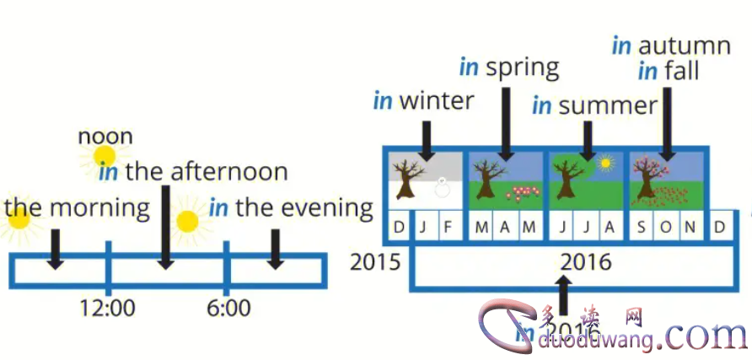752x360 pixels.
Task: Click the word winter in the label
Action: coord(436,101)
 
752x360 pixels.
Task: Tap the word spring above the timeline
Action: coord(522,67)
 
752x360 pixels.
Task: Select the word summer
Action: coord(607,105)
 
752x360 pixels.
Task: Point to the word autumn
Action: coord(684,46)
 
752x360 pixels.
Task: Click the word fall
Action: coord(680,71)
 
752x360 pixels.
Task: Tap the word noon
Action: coord(105,136)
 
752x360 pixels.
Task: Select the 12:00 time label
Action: coord(107,309)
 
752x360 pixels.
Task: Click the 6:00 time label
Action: coord(228,309)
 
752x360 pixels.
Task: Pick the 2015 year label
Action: coord(376,261)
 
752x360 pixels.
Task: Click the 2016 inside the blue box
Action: coord(586,262)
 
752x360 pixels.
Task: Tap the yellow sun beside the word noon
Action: coord(105,156)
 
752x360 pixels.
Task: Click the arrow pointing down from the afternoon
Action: coord(166,228)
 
